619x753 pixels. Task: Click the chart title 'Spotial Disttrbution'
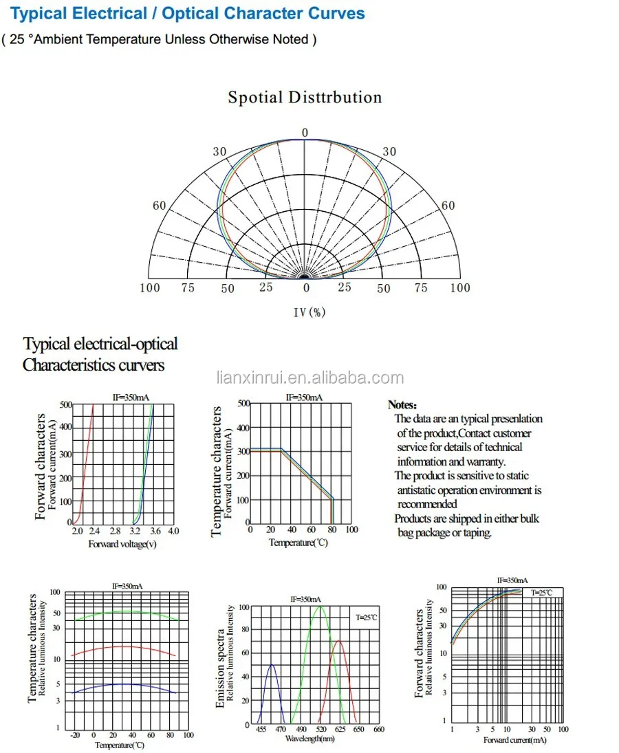(305, 98)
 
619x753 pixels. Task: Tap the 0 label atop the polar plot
(305, 133)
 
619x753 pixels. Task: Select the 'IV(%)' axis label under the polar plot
(309, 312)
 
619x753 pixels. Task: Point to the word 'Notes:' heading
(402, 405)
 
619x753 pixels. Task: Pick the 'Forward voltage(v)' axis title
(122, 543)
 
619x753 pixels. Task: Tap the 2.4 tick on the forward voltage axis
(94, 532)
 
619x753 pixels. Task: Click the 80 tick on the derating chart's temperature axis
(332, 530)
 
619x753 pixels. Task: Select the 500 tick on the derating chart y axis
(243, 402)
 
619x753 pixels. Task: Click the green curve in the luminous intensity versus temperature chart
(124, 612)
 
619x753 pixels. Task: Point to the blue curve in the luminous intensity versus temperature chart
(124, 684)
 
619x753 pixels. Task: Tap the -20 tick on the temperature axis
(75, 734)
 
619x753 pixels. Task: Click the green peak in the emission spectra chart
(319, 608)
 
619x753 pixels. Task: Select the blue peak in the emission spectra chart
(272, 666)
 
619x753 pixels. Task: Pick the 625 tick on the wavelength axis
(340, 729)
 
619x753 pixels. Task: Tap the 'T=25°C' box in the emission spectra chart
(366, 618)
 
